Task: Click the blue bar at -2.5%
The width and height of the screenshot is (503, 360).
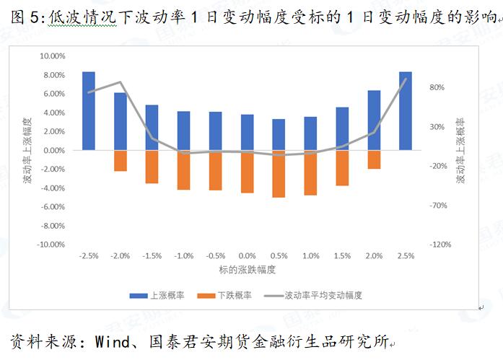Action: (89, 110)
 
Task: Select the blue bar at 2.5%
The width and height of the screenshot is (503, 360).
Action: (406, 110)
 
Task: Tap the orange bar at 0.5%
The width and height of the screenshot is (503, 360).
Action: (279, 174)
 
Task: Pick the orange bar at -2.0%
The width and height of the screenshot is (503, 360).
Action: (121, 161)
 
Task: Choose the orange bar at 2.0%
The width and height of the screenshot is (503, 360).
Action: (374, 159)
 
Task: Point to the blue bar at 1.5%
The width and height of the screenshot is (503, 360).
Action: (342, 128)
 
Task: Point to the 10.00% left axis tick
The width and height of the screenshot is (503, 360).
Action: (52, 56)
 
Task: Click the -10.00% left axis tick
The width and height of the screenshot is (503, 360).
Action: (51, 245)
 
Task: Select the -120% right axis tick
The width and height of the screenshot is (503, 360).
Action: (440, 245)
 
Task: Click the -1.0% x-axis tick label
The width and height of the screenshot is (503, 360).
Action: (184, 256)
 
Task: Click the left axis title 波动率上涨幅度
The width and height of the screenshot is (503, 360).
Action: (27, 150)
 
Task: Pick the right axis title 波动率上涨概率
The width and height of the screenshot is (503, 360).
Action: (461, 150)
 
